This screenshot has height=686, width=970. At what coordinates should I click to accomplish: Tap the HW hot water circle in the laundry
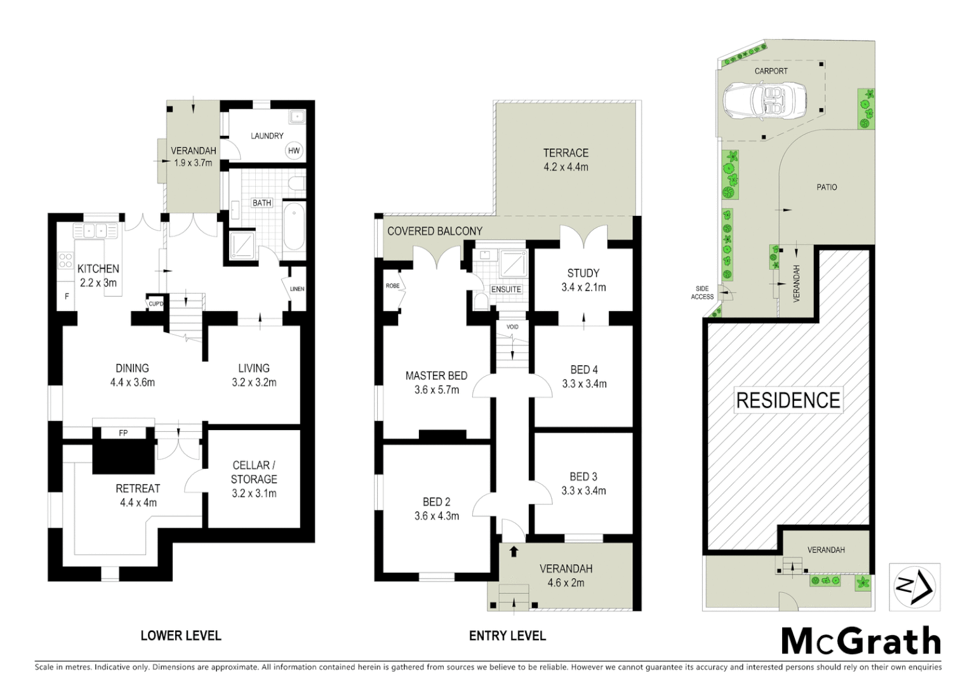(x=293, y=151)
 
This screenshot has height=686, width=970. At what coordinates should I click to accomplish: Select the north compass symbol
(x=915, y=586)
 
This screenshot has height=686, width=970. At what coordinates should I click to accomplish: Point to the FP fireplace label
(x=123, y=433)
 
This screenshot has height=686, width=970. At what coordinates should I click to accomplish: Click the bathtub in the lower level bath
(x=293, y=226)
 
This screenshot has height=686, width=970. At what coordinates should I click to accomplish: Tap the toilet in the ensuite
(x=481, y=300)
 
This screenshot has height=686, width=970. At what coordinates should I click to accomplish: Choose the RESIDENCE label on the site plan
(x=788, y=400)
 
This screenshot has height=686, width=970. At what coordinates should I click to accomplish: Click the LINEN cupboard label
(x=296, y=289)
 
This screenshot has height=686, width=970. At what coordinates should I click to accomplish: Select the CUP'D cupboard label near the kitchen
(x=156, y=304)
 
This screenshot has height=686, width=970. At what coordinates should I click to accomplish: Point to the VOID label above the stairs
(x=512, y=327)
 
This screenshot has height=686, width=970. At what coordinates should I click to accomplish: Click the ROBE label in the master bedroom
(x=392, y=286)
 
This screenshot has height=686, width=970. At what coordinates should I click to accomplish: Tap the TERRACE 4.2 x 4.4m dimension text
(x=566, y=167)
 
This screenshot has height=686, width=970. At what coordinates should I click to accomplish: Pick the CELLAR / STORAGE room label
(x=254, y=472)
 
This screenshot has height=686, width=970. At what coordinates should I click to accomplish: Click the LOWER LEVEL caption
(x=180, y=635)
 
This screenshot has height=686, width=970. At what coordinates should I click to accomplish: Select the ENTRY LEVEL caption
(x=507, y=635)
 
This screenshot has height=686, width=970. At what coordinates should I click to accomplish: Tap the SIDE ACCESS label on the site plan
(x=702, y=293)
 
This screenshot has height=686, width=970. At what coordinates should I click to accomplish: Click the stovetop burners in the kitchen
(x=65, y=260)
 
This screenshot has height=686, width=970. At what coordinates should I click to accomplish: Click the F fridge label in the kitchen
(x=67, y=296)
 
